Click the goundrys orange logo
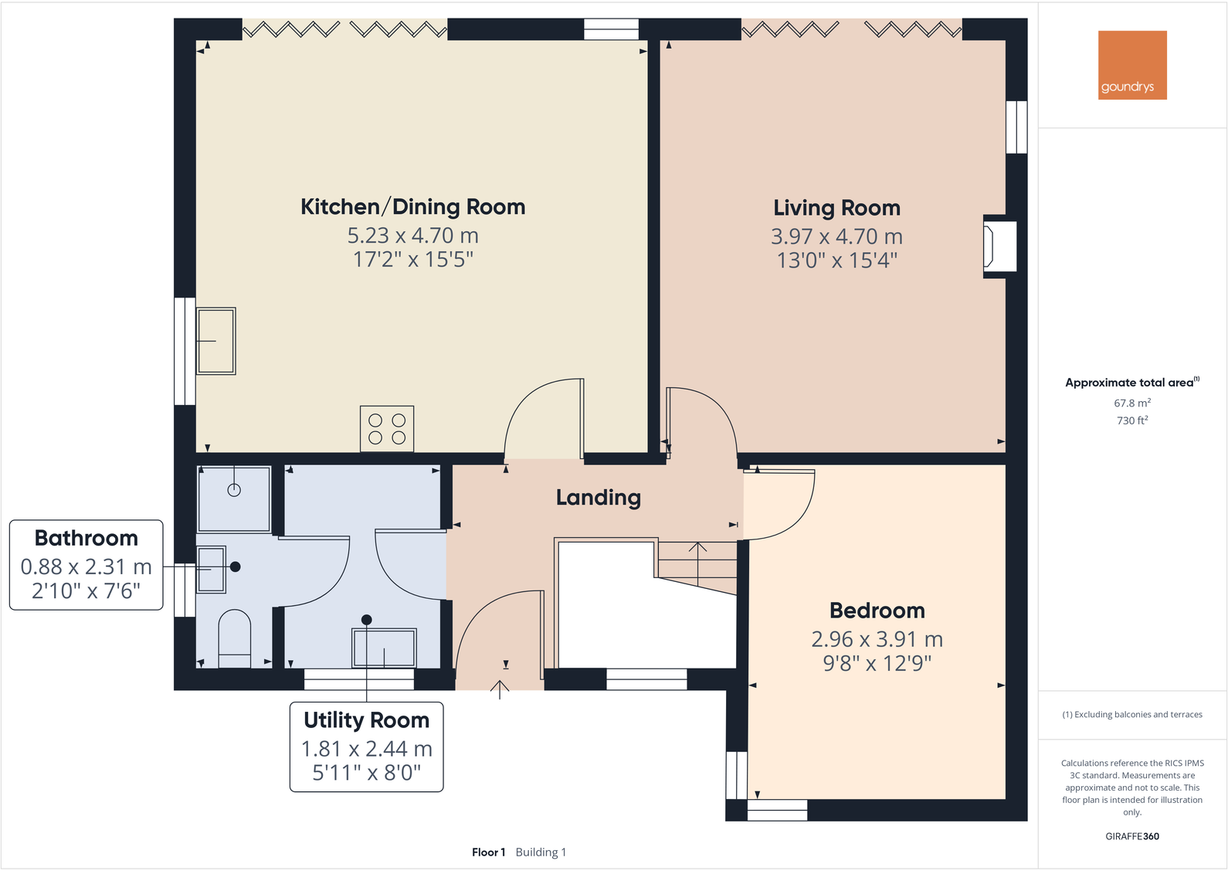(x=1132, y=65)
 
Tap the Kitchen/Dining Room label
(x=412, y=207)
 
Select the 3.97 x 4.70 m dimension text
(x=836, y=236)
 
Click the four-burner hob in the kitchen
(x=387, y=429)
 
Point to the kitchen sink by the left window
(x=216, y=341)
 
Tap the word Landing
(x=599, y=498)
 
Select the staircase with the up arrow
(x=697, y=563)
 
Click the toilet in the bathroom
(x=235, y=637)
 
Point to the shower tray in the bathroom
(x=234, y=498)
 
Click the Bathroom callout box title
(x=87, y=538)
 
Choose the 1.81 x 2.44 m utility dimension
(x=366, y=749)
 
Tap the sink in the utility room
(x=384, y=648)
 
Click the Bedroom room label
(x=877, y=611)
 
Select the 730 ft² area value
(x=1131, y=420)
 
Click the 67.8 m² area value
(x=1131, y=403)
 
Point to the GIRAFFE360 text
(x=1131, y=836)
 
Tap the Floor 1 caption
(x=488, y=852)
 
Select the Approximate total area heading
(x=1130, y=383)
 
